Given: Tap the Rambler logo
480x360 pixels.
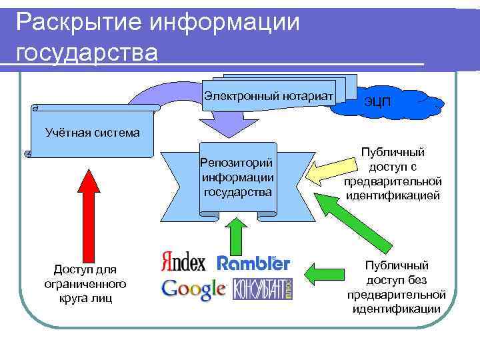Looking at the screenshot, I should click(x=253, y=263).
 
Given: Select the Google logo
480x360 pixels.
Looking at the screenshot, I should click(x=194, y=289).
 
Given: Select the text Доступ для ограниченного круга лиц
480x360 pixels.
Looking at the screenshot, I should click(x=84, y=283).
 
